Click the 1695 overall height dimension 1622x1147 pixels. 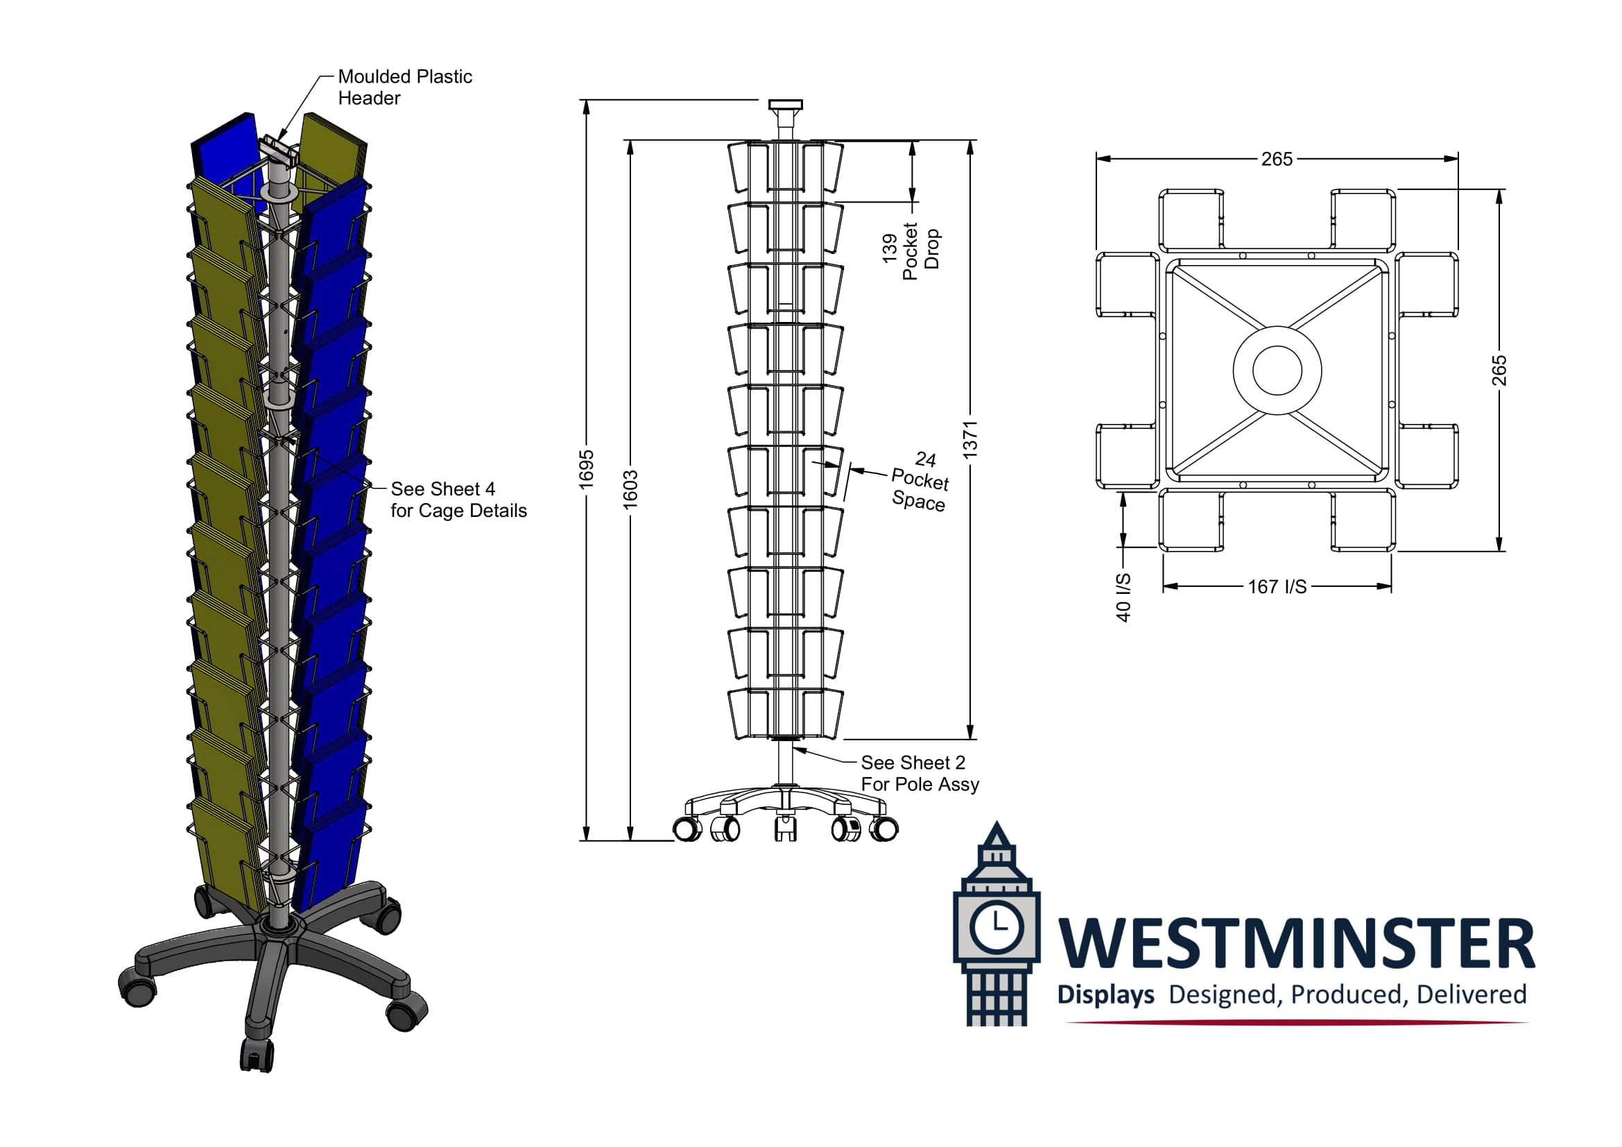pos(587,469)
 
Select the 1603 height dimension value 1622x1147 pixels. pos(630,489)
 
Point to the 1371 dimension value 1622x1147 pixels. pos(971,439)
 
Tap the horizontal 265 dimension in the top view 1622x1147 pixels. pos(1277,159)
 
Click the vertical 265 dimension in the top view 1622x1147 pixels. pos(1499,371)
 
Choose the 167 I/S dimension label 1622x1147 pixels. pos(1277,586)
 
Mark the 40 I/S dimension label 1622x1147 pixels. pos(1123,597)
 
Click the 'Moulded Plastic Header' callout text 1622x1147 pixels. pos(405,87)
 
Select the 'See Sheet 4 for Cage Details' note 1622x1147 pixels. pos(458,500)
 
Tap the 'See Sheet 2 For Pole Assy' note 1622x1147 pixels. pos(919,773)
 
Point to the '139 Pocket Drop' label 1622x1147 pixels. pos(911,250)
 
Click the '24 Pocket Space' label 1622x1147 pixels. pos(920,482)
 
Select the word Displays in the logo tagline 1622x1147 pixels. pos(1105,995)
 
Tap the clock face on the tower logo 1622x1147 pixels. pos(996,926)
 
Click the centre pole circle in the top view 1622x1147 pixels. pos(1277,371)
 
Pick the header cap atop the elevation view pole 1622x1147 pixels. pos(785,105)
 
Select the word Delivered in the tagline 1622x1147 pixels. pos(1471,995)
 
